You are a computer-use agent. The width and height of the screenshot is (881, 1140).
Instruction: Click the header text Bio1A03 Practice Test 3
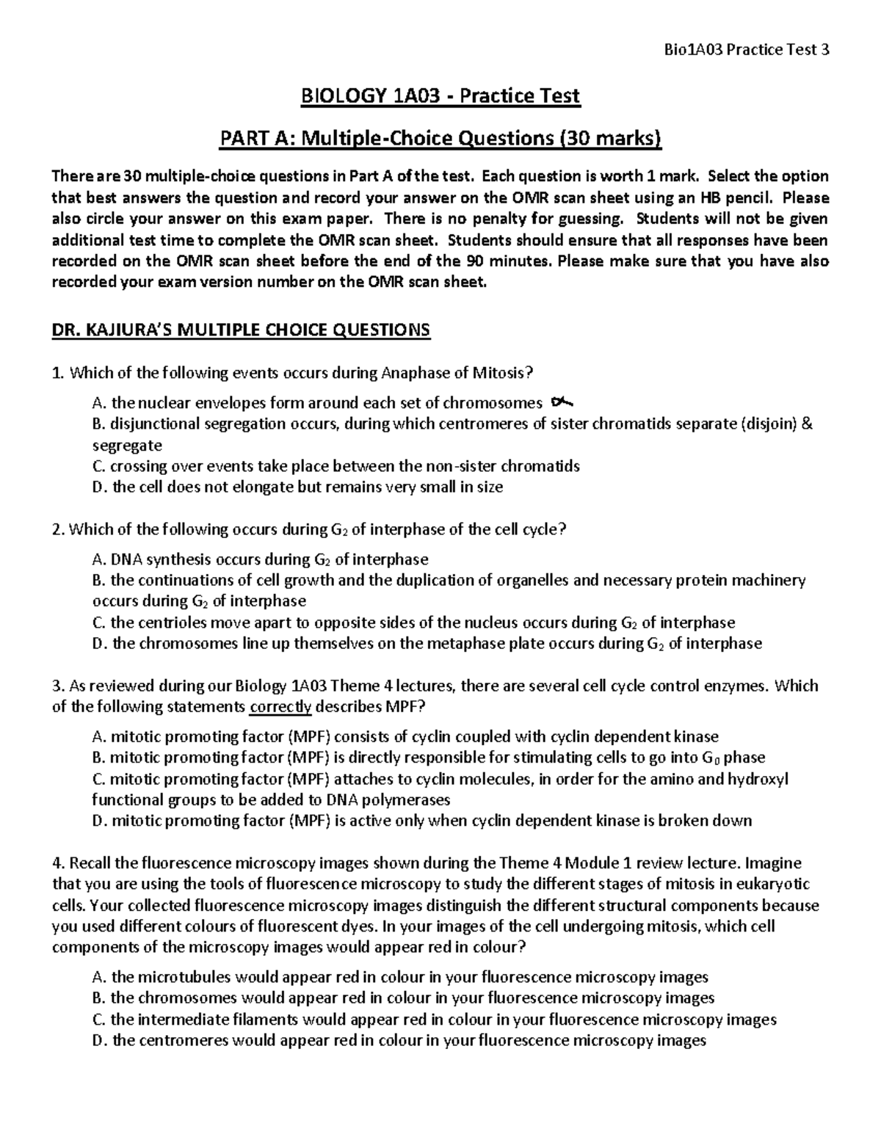746,50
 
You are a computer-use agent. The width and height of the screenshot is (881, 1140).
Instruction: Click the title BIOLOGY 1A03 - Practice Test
440,95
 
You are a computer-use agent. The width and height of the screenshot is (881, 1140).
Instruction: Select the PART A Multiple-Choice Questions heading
440,137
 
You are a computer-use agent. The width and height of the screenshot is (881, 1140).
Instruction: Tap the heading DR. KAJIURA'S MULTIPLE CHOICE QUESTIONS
241,330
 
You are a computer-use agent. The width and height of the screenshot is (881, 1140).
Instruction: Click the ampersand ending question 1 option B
808,424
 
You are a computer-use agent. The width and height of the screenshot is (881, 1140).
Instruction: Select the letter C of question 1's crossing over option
98,466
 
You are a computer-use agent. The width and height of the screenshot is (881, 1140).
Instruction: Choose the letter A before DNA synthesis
98,559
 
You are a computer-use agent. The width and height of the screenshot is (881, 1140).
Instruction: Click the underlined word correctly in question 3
281,707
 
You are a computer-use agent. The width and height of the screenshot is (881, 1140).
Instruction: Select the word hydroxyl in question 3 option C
757,778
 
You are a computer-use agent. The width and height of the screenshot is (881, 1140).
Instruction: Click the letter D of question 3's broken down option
98,820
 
